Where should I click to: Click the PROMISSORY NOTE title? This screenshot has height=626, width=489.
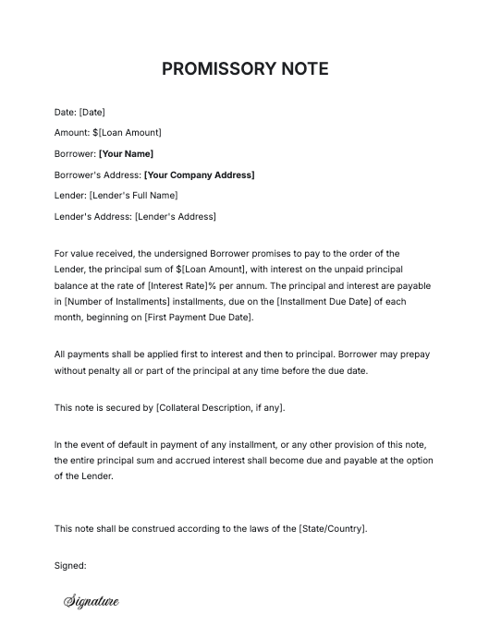click(x=244, y=69)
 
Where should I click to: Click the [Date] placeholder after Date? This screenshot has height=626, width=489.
click(x=92, y=112)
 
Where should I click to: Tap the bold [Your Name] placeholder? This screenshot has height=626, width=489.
click(x=126, y=154)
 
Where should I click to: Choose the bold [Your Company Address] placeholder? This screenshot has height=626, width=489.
click(x=199, y=175)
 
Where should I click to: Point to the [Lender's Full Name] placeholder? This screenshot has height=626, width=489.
click(x=133, y=196)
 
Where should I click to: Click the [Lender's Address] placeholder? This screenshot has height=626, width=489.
click(x=175, y=216)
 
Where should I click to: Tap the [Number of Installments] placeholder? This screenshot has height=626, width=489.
click(x=114, y=302)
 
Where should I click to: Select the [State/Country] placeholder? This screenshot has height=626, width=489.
click(x=331, y=528)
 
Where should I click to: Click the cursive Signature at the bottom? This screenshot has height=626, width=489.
click(x=92, y=602)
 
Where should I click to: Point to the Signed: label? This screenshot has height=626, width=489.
click(x=70, y=565)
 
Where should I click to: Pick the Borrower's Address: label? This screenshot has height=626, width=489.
click(x=97, y=175)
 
